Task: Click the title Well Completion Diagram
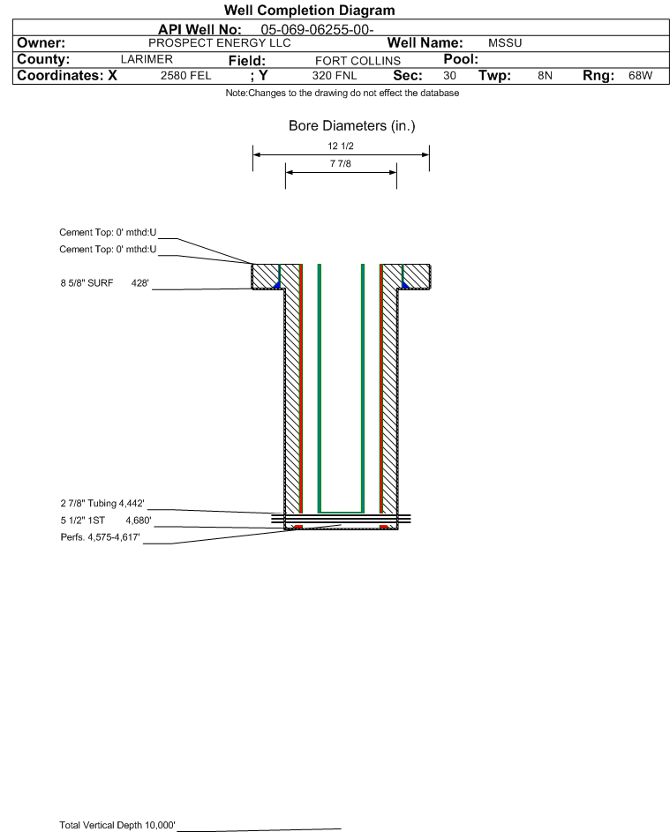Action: (309, 10)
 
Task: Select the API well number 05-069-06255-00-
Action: (317, 30)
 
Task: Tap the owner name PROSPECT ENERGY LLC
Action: (219, 43)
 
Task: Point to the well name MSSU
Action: (505, 43)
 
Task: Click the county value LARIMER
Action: (147, 59)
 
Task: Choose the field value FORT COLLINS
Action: (358, 61)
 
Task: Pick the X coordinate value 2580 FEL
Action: (185, 75)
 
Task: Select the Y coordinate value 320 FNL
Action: (335, 75)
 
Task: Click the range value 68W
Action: (640, 75)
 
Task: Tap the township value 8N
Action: (545, 75)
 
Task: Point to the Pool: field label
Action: (461, 59)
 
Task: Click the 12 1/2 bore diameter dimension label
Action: (341, 146)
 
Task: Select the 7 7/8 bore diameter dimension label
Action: (341, 163)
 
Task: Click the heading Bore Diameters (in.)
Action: (351, 126)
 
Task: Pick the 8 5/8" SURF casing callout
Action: (104, 283)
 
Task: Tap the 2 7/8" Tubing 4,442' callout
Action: (102, 503)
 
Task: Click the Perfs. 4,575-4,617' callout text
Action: (101, 537)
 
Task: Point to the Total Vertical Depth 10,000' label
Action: (117, 825)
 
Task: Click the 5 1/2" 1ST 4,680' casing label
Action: (106, 520)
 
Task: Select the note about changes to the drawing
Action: (342, 93)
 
